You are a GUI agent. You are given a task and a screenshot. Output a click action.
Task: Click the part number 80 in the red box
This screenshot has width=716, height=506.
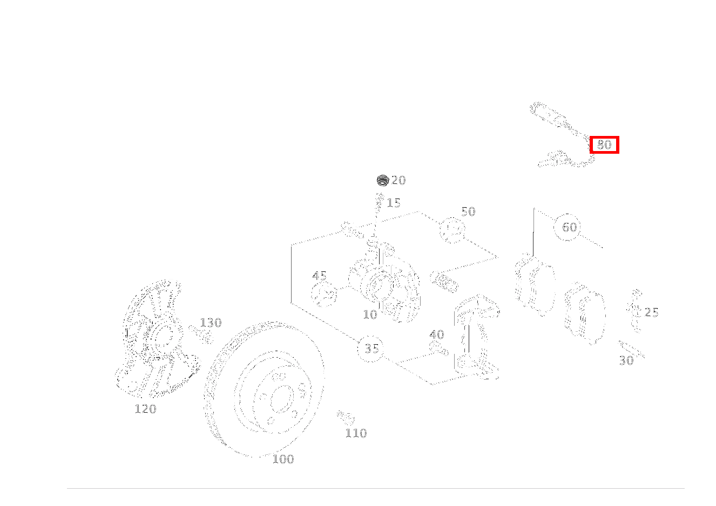(x=604, y=145)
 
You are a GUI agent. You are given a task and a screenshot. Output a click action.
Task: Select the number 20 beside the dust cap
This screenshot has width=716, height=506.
(x=398, y=180)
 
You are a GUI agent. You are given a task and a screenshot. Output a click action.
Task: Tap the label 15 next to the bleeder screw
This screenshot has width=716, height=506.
(x=394, y=203)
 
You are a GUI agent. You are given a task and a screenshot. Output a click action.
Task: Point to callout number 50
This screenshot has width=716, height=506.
(x=468, y=211)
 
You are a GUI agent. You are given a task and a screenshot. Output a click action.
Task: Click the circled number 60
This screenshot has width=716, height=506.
(x=569, y=227)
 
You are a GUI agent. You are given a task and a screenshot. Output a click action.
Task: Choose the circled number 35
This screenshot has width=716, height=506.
(x=371, y=348)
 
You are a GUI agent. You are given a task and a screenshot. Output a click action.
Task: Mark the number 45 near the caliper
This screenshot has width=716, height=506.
(x=319, y=276)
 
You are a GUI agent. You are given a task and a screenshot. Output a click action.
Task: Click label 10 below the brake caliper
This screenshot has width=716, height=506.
(x=370, y=315)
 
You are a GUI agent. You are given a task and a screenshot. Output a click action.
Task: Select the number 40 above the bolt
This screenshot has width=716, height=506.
(x=437, y=334)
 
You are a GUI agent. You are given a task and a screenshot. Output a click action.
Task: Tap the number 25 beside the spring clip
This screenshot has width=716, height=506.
(x=651, y=312)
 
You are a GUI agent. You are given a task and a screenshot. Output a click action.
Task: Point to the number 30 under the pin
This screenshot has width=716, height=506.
(x=626, y=361)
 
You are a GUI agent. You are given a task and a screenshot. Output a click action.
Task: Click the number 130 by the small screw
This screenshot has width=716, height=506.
(x=211, y=323)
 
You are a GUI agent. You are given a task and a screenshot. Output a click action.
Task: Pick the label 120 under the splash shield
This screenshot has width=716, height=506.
(x=145, y=409)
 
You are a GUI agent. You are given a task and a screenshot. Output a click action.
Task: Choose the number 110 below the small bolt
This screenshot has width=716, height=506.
(x=356, y=433)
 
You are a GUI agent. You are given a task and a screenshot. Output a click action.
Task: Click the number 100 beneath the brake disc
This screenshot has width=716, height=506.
(x=283, y=459)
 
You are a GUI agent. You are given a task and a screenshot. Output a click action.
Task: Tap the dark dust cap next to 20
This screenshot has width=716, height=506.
(x=382, y=180)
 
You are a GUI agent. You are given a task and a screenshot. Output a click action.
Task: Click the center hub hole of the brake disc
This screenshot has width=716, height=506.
(x=282, y=399)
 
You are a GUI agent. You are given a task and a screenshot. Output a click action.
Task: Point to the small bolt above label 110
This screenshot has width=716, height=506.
(x=346, y=418)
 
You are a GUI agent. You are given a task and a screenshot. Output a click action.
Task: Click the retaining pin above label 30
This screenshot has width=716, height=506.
(x=632, y=350)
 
